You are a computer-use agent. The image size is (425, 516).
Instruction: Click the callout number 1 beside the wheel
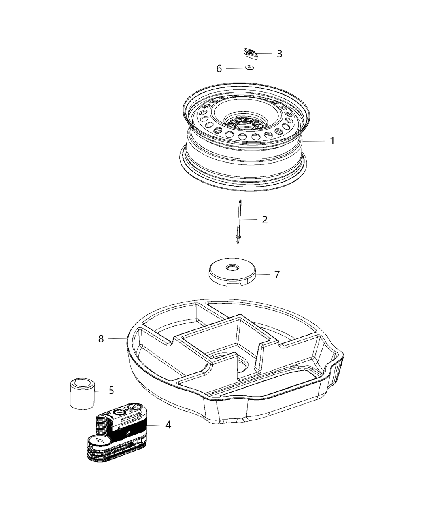(332, 141)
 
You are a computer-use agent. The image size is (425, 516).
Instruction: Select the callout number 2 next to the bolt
(265, 220)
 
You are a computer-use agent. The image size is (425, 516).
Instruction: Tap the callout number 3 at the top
(279, 54)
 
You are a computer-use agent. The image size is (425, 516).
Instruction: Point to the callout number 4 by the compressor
(168, 425)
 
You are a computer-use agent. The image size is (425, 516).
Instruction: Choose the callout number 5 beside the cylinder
(111, 391)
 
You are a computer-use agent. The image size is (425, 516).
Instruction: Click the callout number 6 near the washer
(219, 69)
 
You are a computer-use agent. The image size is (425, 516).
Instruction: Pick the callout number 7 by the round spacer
(277, 275)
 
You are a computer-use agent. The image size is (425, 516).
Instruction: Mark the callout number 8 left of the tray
(101, 338)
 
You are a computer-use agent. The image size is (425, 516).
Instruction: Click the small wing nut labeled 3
(250, 53)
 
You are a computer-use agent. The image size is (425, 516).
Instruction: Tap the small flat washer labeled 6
(249, 68)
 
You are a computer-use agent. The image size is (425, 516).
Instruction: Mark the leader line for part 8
(117, 338)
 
